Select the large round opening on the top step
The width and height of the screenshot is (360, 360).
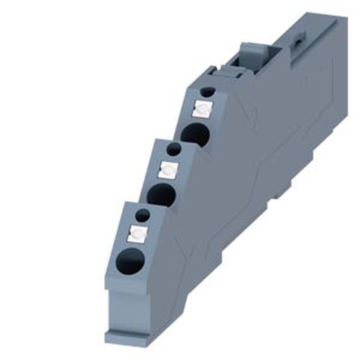(x=195, y=135)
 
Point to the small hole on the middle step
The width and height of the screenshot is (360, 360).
(x=174, y=149)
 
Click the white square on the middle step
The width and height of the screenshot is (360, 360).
(x=168, y=168)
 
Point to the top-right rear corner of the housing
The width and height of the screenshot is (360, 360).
(x=337, y=18)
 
